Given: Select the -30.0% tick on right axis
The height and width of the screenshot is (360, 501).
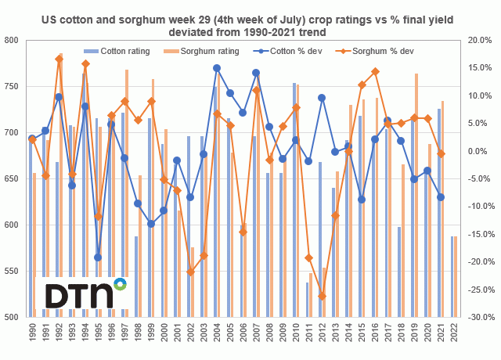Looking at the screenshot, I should (478, 318).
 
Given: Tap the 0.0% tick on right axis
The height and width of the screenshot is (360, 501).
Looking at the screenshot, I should (481, 151).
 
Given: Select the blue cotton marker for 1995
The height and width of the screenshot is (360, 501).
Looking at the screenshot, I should (99, 257).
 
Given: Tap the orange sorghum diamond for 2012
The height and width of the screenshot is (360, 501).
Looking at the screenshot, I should (322, 296).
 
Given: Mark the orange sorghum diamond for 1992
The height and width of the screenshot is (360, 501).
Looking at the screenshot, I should (59, 59).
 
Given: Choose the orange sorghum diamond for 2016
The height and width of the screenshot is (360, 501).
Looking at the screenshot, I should (375, 71).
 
